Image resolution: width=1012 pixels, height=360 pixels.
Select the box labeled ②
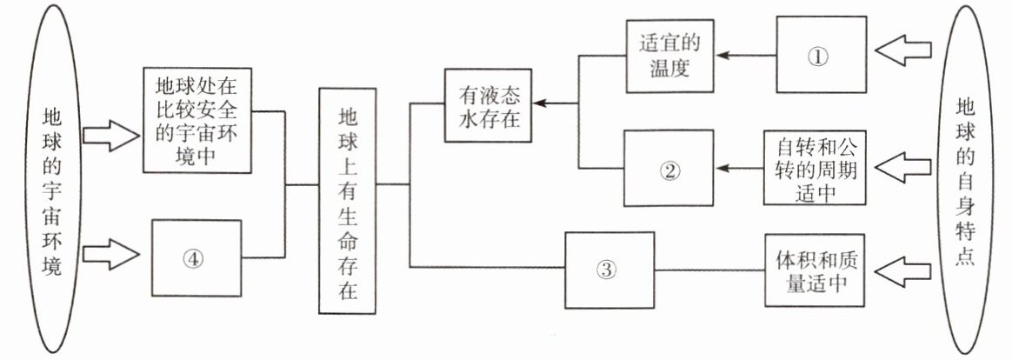click(x=669, y=170)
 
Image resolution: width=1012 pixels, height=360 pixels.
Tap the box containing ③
click(x=609, y=270)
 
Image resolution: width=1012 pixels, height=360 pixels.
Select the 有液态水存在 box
click(x=486, y=104)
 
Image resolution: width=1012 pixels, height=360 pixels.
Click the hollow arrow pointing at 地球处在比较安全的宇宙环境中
click(x=110, y=136)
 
